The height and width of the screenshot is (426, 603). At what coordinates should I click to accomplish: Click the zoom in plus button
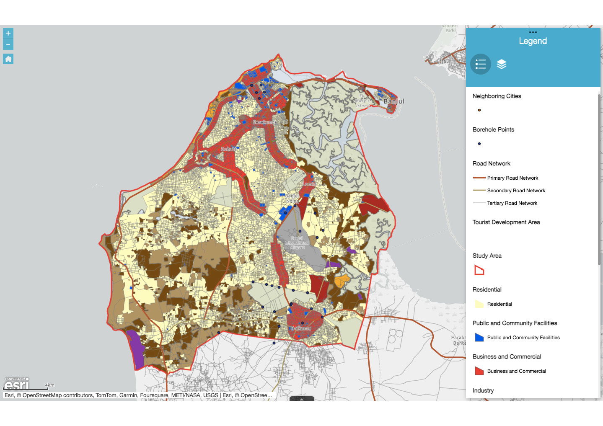(x=8, y=34)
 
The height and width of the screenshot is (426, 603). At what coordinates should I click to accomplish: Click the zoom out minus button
(x=8, y=44)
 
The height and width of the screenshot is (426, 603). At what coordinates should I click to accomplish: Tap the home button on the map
(x=8, y=59)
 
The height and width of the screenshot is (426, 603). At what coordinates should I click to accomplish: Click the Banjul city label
(x=394, y=101)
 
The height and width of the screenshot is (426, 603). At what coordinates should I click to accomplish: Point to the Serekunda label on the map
(x=264, y=122)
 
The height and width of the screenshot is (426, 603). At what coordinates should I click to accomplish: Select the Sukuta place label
(x=229, y=149)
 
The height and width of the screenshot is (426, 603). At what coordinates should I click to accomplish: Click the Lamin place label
(x=309, y=184)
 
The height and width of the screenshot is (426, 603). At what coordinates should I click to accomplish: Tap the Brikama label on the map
(x=301, y=328)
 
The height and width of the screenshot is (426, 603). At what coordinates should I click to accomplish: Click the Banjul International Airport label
(x=297, y=243)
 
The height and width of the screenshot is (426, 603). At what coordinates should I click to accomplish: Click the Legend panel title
(x=533, y=41)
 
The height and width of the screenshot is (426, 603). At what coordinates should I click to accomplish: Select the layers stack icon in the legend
(x=502, y=64)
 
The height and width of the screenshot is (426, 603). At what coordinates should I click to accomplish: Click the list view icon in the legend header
(x=481, y=64)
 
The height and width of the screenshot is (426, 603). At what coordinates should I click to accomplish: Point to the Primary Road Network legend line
(x=479, y=178)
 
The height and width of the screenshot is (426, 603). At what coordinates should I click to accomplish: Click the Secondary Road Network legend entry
(x=516, y=191)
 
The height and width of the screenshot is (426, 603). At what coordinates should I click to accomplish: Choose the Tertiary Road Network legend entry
(x=512, y=203)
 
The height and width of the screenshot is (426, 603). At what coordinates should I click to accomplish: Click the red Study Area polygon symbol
(x=479, y=270)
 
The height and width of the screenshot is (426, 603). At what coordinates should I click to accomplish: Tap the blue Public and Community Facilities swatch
(x=479, y=338)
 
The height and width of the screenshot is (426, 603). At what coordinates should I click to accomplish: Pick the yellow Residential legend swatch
(x=479, y=304)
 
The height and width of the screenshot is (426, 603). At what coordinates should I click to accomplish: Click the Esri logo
(x=17, y=384)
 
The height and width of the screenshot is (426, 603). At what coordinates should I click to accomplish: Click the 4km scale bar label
(x=50, y=385)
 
